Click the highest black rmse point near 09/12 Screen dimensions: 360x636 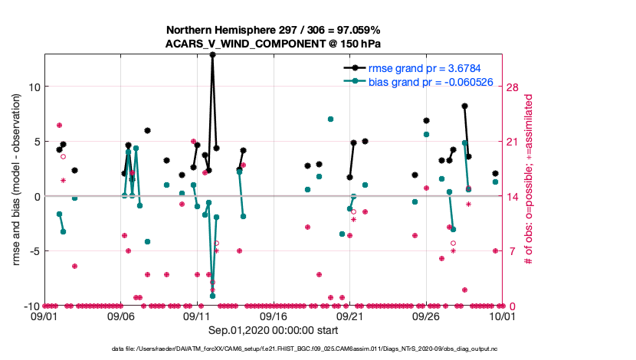(212, 55)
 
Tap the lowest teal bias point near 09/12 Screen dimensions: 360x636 (212, 296)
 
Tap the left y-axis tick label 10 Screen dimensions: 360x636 (33, 87)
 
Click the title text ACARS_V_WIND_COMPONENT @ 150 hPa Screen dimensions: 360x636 (274, 44)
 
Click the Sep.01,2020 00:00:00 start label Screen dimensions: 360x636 (274, 329)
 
